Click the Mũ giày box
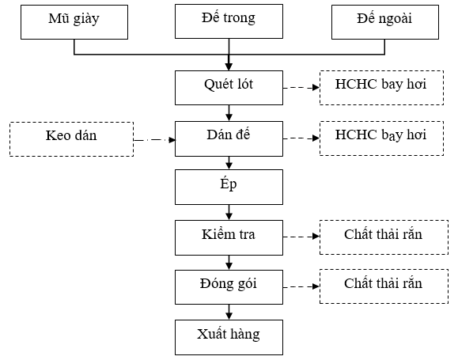pyautogui.click(x=74, y=22)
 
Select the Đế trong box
pyautogui.click(x=229, y=21)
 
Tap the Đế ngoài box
pyautogui.click(x=385, y=22)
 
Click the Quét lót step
pyautogui.click(x=229, y=88)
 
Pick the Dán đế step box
pyautogui.click(x=229, y=138)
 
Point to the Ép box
pyautogui.click(x=229, y=187)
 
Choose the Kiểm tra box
pyautogui.click(x=229, y=237)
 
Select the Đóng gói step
pyautogui.click(x=229, y=287)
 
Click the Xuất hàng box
pyautogui.click(x=229, y=338)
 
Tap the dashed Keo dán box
pyautogui.click(x=71, y=139)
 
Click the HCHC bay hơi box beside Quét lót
pyautogui.click(x=381, y=88)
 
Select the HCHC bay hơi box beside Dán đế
pyautogui.click(x=381, y=138)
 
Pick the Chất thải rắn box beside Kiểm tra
pyautogui.click(x=384, y=237)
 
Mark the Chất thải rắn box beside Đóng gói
pyautogui.click(x=384, y=286)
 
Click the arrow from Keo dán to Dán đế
pyautogui.click(x=154, y=140)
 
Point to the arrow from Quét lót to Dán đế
pyautogui.click(x=229, y=113)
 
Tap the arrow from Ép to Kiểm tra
pyautogui.click(x=229, y=212)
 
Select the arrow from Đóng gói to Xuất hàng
pyautogui.click(x=229, y=312)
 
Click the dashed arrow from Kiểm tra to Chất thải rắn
pyautogui.click(x=301, y=237)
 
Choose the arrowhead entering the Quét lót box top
pyautogui.click(x=229, y=66)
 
